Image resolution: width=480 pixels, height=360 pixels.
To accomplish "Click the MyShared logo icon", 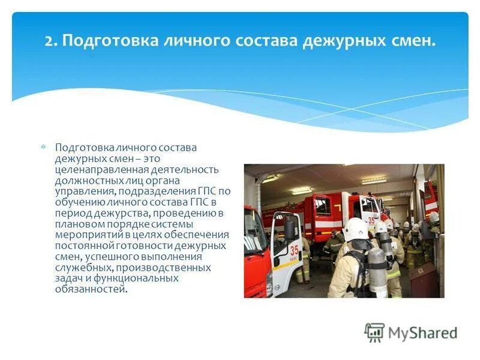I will pyautogui.click(x=374, y=332).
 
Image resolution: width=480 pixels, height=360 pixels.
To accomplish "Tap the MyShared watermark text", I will pyautogui.click(x=422, y=333).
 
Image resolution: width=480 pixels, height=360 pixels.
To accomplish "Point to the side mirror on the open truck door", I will pyautogui.click(x=290, y=228).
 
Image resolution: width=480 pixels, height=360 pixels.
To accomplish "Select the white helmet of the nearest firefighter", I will pyautogui.click(x=355, y=229).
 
